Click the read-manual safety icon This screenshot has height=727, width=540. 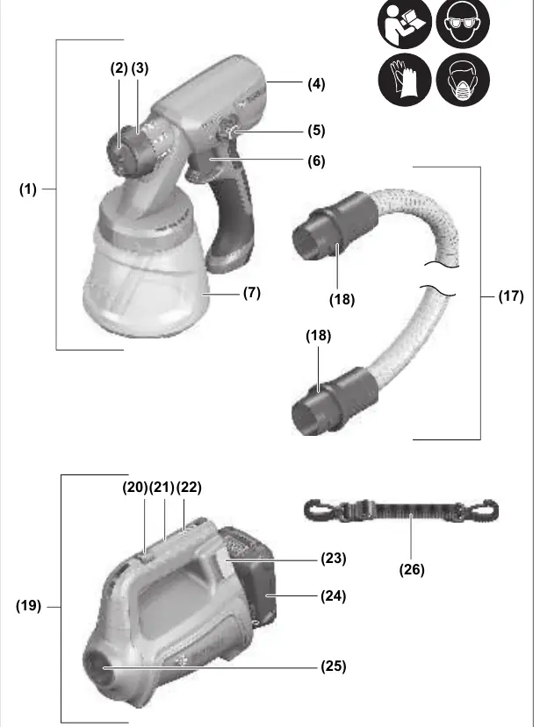click(x=405, y=23)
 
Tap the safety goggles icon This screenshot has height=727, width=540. click(x=463, y=23)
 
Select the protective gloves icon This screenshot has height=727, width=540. click(x=405, y=79)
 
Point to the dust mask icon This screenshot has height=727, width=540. click(x=463, y=79)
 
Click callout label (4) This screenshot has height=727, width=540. click(x=316, y=84)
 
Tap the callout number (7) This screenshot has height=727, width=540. click(x=252, y=293)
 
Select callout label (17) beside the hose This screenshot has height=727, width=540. click(x=511, y=296)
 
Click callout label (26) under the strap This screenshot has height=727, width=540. click(x=412, y=569)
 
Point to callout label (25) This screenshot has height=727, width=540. click(x=334, y=666)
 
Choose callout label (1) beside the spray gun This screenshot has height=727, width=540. click(x=28, y=189)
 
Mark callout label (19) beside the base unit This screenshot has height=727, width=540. click(x=28, y=606)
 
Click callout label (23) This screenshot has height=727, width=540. click(x=334, y=559)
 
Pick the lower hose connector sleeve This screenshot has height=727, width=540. click(x=335, y=401)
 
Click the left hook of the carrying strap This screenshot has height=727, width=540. click(x=316, y=510)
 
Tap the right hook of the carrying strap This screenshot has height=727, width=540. click(x=486, y=510)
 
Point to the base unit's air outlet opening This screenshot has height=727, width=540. click(x=99, y=666)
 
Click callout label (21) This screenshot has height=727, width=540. click(x=162, y=488)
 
